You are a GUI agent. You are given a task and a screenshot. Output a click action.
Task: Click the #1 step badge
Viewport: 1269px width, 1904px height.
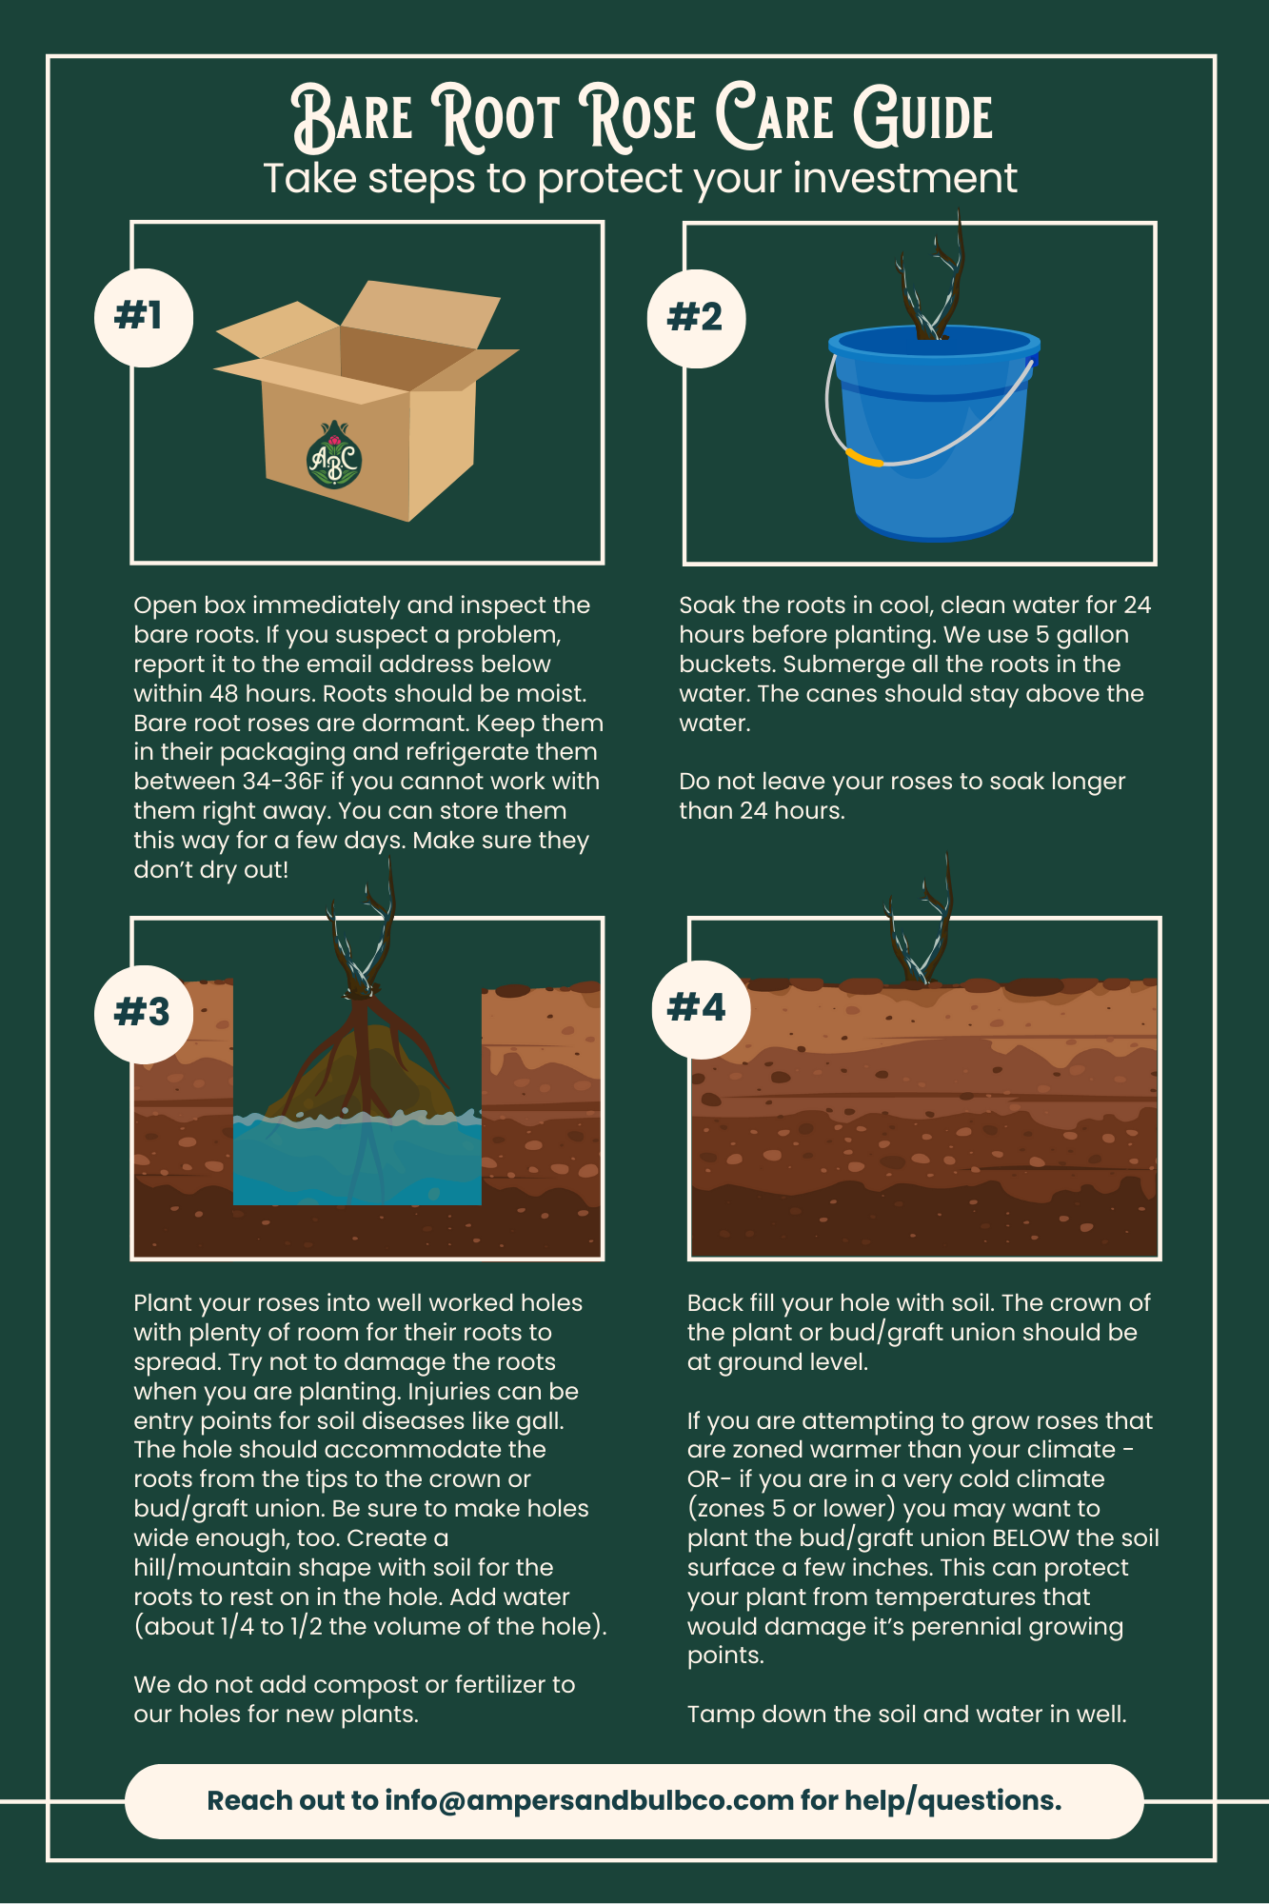144,317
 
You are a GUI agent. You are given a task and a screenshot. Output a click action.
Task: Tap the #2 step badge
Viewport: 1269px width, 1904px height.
696,318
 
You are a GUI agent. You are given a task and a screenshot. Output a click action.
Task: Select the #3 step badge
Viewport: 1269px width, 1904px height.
145,1013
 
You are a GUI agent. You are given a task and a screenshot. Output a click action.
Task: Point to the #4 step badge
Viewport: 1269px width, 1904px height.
702,1008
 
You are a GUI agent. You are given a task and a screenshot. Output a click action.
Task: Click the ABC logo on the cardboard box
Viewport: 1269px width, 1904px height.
334,455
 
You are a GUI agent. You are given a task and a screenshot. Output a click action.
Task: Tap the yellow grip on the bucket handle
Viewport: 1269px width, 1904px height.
864,459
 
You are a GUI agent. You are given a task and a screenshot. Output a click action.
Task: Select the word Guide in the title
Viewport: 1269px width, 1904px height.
922,118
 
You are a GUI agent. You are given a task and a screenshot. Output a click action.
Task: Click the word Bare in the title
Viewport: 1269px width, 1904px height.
351,118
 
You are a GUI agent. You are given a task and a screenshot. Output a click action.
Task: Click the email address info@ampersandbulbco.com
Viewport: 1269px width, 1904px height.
589,1800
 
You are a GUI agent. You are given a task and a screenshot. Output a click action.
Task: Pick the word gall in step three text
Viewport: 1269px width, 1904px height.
544,1421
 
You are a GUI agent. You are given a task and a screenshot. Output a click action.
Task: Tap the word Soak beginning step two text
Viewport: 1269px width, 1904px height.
705,605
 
